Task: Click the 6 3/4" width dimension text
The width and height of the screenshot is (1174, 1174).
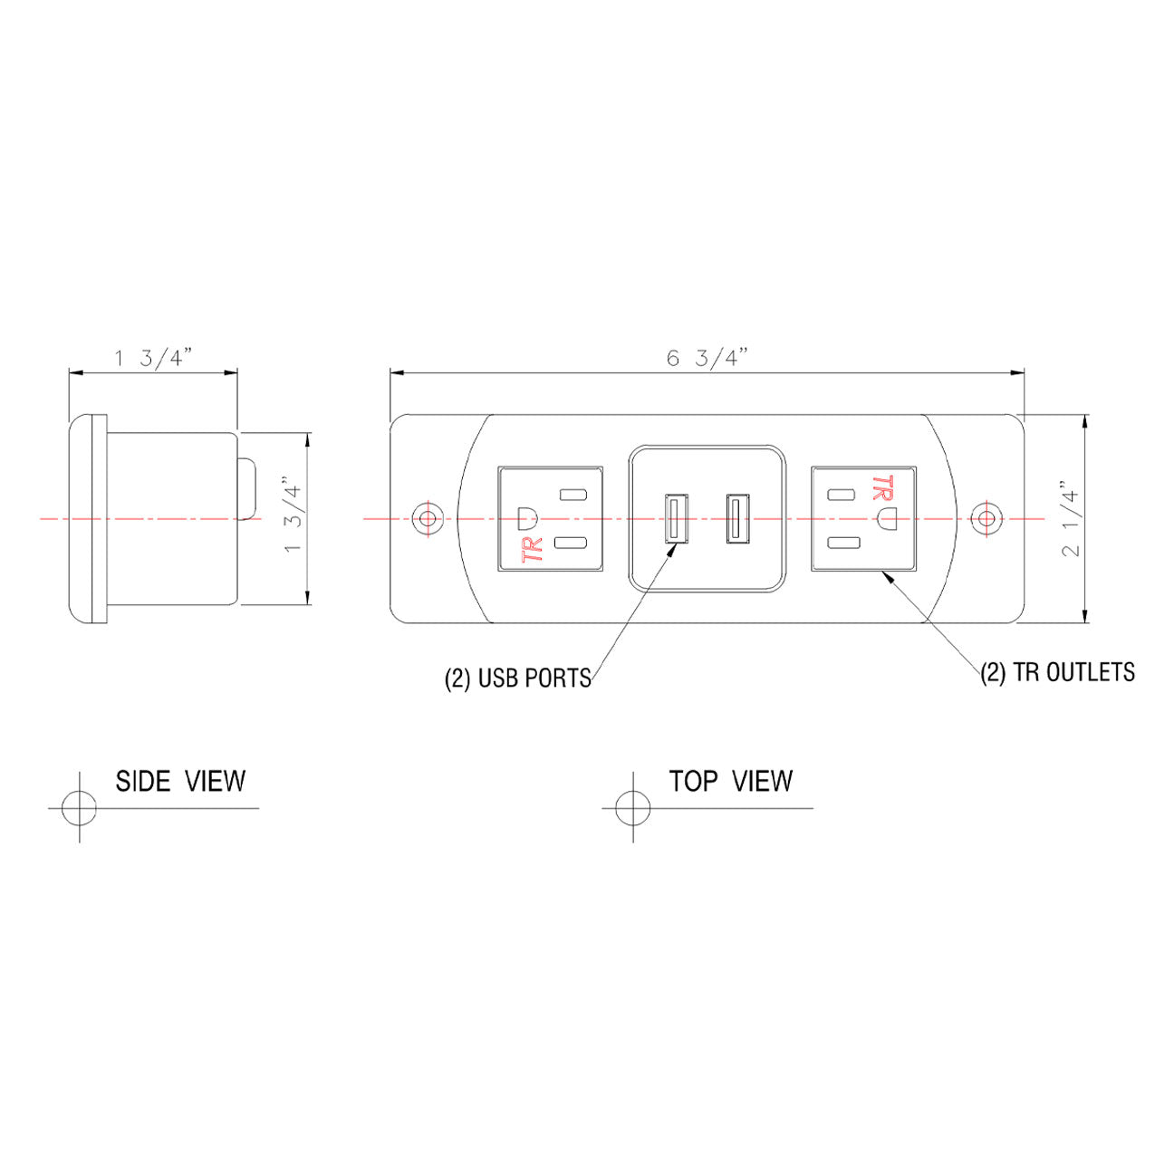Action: (x=706, y=358)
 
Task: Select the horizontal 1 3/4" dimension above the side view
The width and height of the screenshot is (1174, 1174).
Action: (x=150, y=359)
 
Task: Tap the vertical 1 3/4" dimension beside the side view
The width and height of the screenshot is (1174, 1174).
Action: (x=291, y=517)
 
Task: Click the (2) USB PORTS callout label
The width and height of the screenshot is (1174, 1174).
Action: (x=517, y=678)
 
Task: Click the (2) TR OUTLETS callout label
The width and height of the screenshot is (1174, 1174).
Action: (x=1057, y=672)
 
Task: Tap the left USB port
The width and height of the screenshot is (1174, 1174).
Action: (x=675, y=519)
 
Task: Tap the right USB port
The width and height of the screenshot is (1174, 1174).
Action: (x=736, y=519)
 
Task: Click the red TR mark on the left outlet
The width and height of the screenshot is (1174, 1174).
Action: (x=534, y=550)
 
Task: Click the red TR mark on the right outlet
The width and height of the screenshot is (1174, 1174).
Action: (x=879, y=487)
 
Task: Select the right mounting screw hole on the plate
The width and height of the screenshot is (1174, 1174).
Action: (x=986, y=519)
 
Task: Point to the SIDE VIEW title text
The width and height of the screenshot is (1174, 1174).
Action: (x=180, y=781)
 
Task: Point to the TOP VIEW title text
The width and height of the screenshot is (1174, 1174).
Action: (x=730, y=781)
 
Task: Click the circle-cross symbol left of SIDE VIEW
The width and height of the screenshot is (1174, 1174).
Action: (x=79, y=807)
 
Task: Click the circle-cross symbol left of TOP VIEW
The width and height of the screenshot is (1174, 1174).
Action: (x=632, y=807)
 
